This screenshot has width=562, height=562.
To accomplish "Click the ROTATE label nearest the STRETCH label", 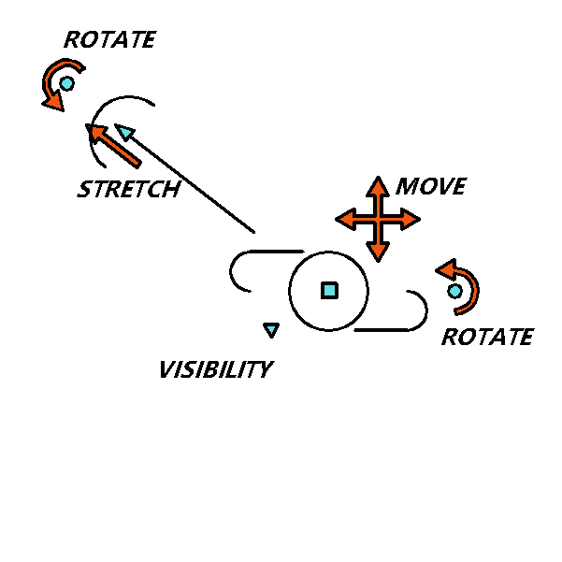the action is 110,39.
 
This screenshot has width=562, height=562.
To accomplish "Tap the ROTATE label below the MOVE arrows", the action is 488,337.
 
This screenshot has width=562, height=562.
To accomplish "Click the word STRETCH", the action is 129,189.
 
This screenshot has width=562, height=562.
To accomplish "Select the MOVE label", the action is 431,186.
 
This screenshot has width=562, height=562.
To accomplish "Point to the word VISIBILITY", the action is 217,369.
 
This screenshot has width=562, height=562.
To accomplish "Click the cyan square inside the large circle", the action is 329,290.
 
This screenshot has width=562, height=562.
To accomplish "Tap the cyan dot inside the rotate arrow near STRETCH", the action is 67,83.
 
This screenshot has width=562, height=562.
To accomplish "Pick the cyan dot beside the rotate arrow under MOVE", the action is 454,291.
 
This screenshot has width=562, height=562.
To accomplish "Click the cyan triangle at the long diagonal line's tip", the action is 125,132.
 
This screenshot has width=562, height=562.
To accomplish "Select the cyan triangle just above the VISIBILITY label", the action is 271,330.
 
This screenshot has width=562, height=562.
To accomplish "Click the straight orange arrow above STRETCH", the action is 114,146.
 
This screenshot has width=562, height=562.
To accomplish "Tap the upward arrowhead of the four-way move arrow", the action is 378,186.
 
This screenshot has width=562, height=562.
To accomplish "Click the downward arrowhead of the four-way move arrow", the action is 378,252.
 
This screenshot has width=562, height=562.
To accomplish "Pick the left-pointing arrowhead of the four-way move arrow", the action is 345,219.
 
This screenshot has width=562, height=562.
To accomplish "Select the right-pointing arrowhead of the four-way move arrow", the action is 411,219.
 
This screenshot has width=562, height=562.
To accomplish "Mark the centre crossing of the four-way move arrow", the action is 378,219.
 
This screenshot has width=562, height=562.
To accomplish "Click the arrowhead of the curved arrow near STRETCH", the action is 53,102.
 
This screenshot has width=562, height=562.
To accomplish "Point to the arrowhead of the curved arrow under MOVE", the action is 446,269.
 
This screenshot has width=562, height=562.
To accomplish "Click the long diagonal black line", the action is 190,182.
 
